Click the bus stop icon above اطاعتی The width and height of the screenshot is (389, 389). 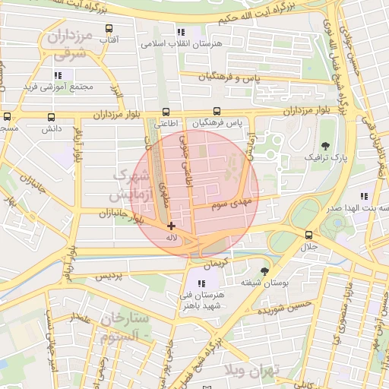pos(166,112)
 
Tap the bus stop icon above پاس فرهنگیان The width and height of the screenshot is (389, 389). pos(217,112)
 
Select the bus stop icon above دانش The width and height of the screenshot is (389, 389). pos(52,118)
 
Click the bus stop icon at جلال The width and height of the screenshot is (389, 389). pos(308,236)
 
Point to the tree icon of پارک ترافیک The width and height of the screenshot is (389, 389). pos(326,146)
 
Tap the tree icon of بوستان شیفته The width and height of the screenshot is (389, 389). pos(264,271)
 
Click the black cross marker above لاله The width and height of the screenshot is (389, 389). pos(172,226)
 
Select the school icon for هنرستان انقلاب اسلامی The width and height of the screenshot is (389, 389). pos(180,33)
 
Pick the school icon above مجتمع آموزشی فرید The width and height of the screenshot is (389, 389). pos(58,75)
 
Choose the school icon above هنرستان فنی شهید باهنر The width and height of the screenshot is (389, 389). pos(201,283)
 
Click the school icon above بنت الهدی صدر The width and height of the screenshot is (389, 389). pos(365,196)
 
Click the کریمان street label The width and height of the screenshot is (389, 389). pos(216,262)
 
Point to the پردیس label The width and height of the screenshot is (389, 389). pos(109,278)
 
